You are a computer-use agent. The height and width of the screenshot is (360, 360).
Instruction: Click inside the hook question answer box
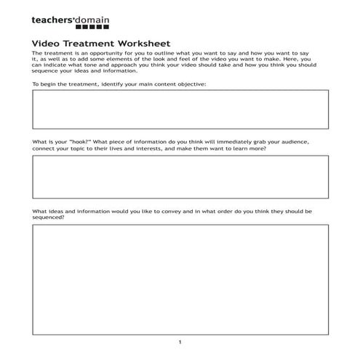click(x=180, y=177)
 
